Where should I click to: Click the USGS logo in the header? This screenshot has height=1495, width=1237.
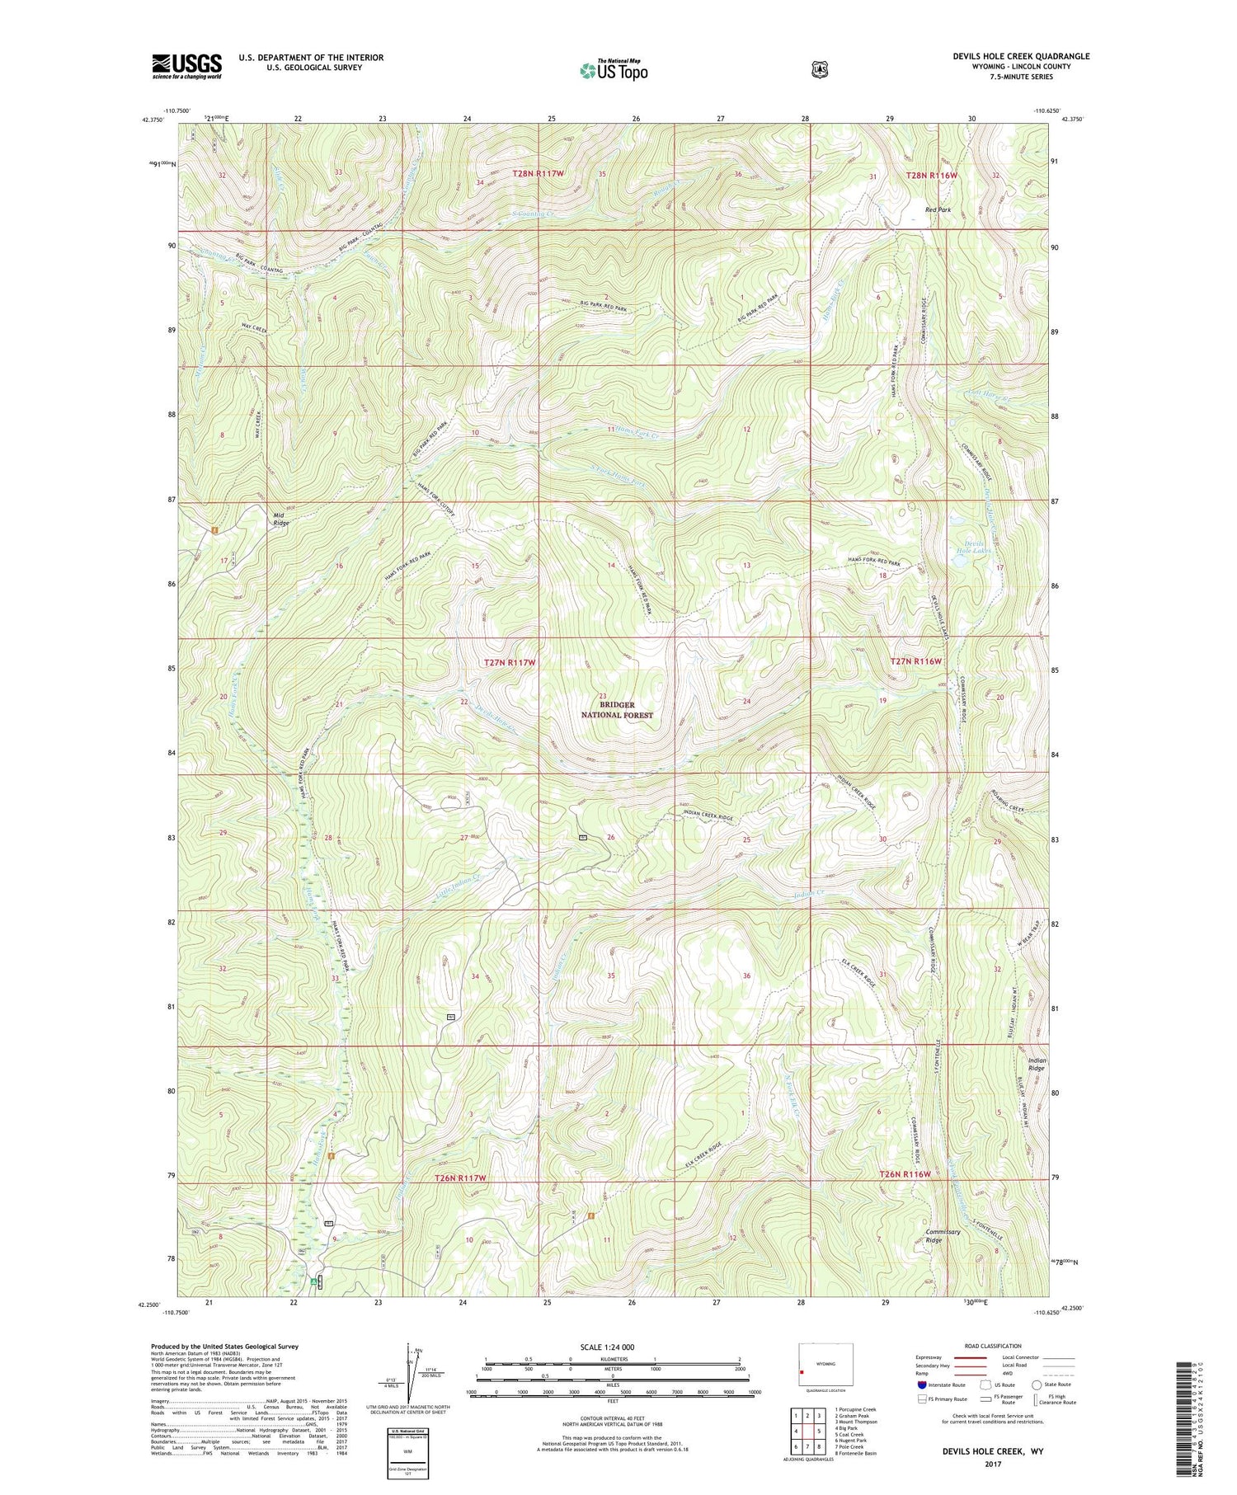coord(187,66)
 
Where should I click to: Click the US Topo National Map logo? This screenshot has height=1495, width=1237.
coord(614,70)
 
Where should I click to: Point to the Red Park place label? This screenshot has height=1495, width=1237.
coord(938,209)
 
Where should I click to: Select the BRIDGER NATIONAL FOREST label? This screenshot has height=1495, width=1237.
coord(617,710)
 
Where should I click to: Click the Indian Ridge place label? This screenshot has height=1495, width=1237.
coord(1037,1064)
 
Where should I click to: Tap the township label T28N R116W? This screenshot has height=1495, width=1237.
coord(932,176)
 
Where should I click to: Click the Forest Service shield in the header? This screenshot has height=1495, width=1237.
coord(819,70)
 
